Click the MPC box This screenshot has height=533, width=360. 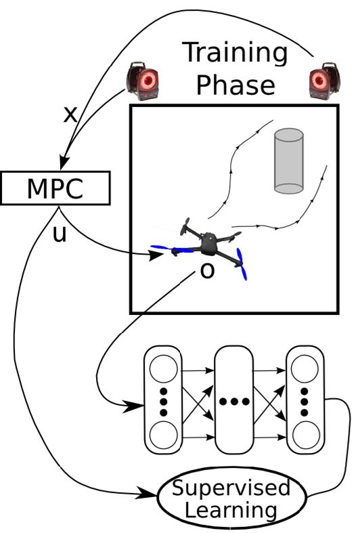pyautogui.click(x=55, y=188)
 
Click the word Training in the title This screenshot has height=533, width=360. pyautogui.click(x=236, y=54)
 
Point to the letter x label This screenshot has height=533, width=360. pyautogui.click(x=70, y=115)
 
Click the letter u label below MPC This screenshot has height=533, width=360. pyautogui.click(x=60, y=234)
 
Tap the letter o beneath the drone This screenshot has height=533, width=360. pyautogui.click(x=208, y=271)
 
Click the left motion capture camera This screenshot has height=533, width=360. pyautogui.click(x=142, y=81)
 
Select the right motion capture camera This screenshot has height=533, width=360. pyautogui.click(x=325, y=81)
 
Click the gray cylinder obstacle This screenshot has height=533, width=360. pyautogui.click(x=289, y=161)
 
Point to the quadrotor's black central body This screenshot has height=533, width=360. pyautogui.click(x=208, y=243)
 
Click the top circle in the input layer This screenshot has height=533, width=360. pyautogui.click(x=163, y=369)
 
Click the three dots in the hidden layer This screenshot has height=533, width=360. pyautogui.click(x=234, y=402)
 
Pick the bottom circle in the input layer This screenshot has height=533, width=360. pyautogui.click(x=163, y=435)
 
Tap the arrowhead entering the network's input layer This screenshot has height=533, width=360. pyautogui.click(x=133, y=406)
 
